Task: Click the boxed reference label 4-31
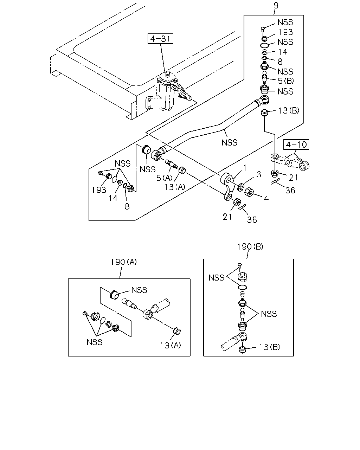160,39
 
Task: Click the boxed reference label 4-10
296,144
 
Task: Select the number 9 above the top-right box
276,5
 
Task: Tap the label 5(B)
286,81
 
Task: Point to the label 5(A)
164,178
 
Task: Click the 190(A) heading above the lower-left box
124,262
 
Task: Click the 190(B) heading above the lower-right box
250,247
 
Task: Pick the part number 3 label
259,174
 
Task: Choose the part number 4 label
266,198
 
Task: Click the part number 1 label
245,168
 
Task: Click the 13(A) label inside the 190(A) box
171,346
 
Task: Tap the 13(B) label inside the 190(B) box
269,347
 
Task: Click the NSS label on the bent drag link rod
230,143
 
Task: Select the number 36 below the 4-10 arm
290,190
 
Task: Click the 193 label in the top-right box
285,32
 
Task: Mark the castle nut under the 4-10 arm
275,174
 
